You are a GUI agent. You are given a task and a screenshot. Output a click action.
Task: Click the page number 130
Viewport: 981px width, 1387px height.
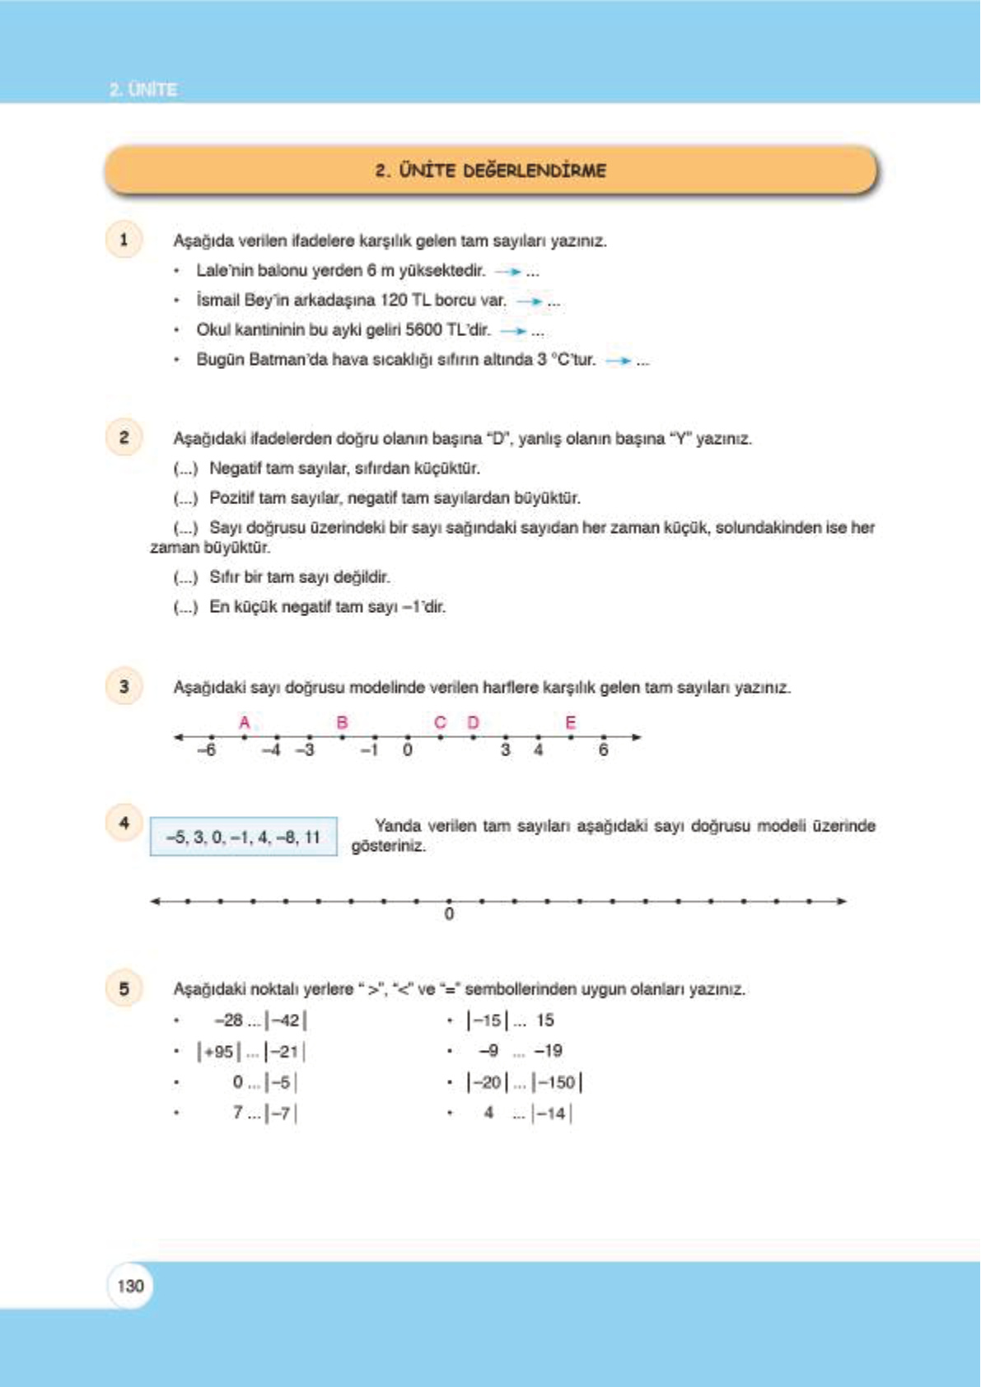pyautogui.click(x=130, y=1286)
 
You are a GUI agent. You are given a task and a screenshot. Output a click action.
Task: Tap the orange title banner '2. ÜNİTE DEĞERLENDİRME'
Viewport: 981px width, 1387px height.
pyautogui.click(x=491, y=170)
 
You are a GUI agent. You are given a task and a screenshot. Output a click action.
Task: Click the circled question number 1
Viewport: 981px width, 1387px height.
pyautogui.click(x=124, y=240)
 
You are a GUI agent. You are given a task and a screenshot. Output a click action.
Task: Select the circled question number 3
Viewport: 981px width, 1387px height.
pyautogui.click(x=124, y=686)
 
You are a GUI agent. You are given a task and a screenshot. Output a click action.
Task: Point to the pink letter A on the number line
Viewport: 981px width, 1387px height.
pyautogui.click(x=245, y=722)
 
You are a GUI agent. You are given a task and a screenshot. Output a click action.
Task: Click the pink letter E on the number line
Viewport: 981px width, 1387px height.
pyautogui.click(x=570, y=722)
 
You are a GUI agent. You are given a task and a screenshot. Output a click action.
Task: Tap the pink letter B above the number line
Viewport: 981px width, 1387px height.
pyautogui.click(x=343, y=722)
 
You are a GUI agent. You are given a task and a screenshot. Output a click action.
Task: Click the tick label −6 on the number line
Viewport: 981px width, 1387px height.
pyautogui.click(x=207, y=750)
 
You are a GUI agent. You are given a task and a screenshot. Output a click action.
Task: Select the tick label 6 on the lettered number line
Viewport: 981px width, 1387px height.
pyautogui.click(x=603, y=750)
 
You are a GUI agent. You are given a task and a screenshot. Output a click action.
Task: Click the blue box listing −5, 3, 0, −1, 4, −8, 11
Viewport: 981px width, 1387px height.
pyautogui.click(x=243, y=837)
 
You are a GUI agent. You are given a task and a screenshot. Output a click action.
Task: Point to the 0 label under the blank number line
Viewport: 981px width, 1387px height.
pyautogui.click(x=449, y=914)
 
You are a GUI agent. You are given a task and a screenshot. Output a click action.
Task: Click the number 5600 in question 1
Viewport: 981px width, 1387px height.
pyautogui.click(x=426, y=330)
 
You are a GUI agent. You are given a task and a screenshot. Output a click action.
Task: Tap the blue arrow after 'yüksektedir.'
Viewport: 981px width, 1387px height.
pyautogui.click(x=508, y=271)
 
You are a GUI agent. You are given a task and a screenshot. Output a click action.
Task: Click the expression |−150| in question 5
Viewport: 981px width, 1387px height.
pyautogui.click(x=558, y=1082)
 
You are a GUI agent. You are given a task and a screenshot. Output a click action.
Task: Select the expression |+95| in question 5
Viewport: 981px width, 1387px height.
pyautogui.click(x=218, y=1052)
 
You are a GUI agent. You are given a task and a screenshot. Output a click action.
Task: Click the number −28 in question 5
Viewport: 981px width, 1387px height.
pyautogui.click(x=229, y=1020)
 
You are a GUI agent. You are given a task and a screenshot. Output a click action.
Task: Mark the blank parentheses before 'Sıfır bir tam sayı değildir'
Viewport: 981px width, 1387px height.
pyautogui.click(x=185, y=577)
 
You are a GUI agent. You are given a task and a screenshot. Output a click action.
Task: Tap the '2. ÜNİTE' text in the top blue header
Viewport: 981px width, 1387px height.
pyautogui.click(x=143, y=89)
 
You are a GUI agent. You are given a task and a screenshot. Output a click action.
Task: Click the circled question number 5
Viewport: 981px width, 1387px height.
pyautogui.click(x=124, y=988)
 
